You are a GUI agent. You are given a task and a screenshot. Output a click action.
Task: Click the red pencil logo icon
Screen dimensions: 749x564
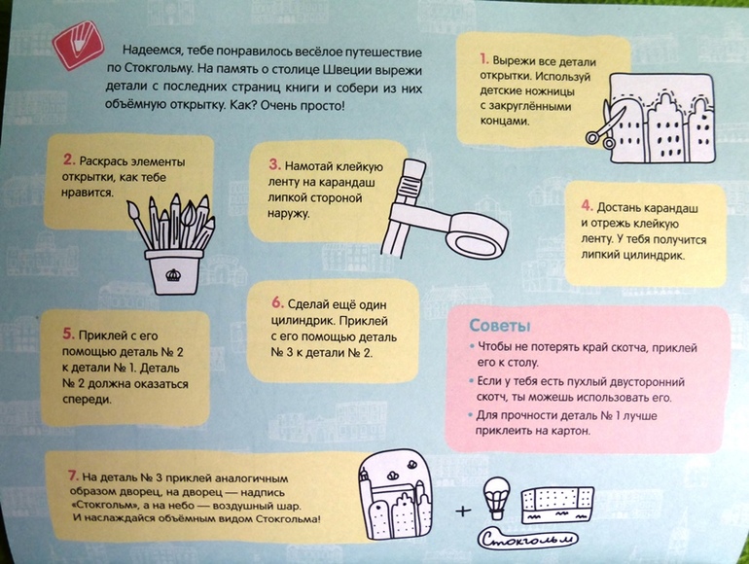[x=79, y=46]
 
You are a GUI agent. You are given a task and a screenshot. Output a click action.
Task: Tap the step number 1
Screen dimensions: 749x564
[x=484, y=59]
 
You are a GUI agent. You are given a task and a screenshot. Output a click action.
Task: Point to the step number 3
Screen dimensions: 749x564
[x=274, y=164]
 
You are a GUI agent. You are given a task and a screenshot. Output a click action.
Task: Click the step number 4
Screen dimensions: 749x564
[x=588, y=206]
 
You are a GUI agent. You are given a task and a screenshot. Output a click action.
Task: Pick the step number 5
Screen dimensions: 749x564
[x=69, y=334]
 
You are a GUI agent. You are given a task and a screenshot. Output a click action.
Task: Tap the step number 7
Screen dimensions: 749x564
[x=73, y=476]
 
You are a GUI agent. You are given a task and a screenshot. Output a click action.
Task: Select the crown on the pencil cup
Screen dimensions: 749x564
[x=172, y=274]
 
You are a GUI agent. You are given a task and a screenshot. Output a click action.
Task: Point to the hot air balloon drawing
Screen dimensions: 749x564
[x=496, y=498]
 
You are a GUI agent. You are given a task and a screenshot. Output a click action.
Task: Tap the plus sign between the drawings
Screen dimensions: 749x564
[x=463, y=511]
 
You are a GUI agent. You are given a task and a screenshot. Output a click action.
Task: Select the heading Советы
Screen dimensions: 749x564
[x=500, y=325]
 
